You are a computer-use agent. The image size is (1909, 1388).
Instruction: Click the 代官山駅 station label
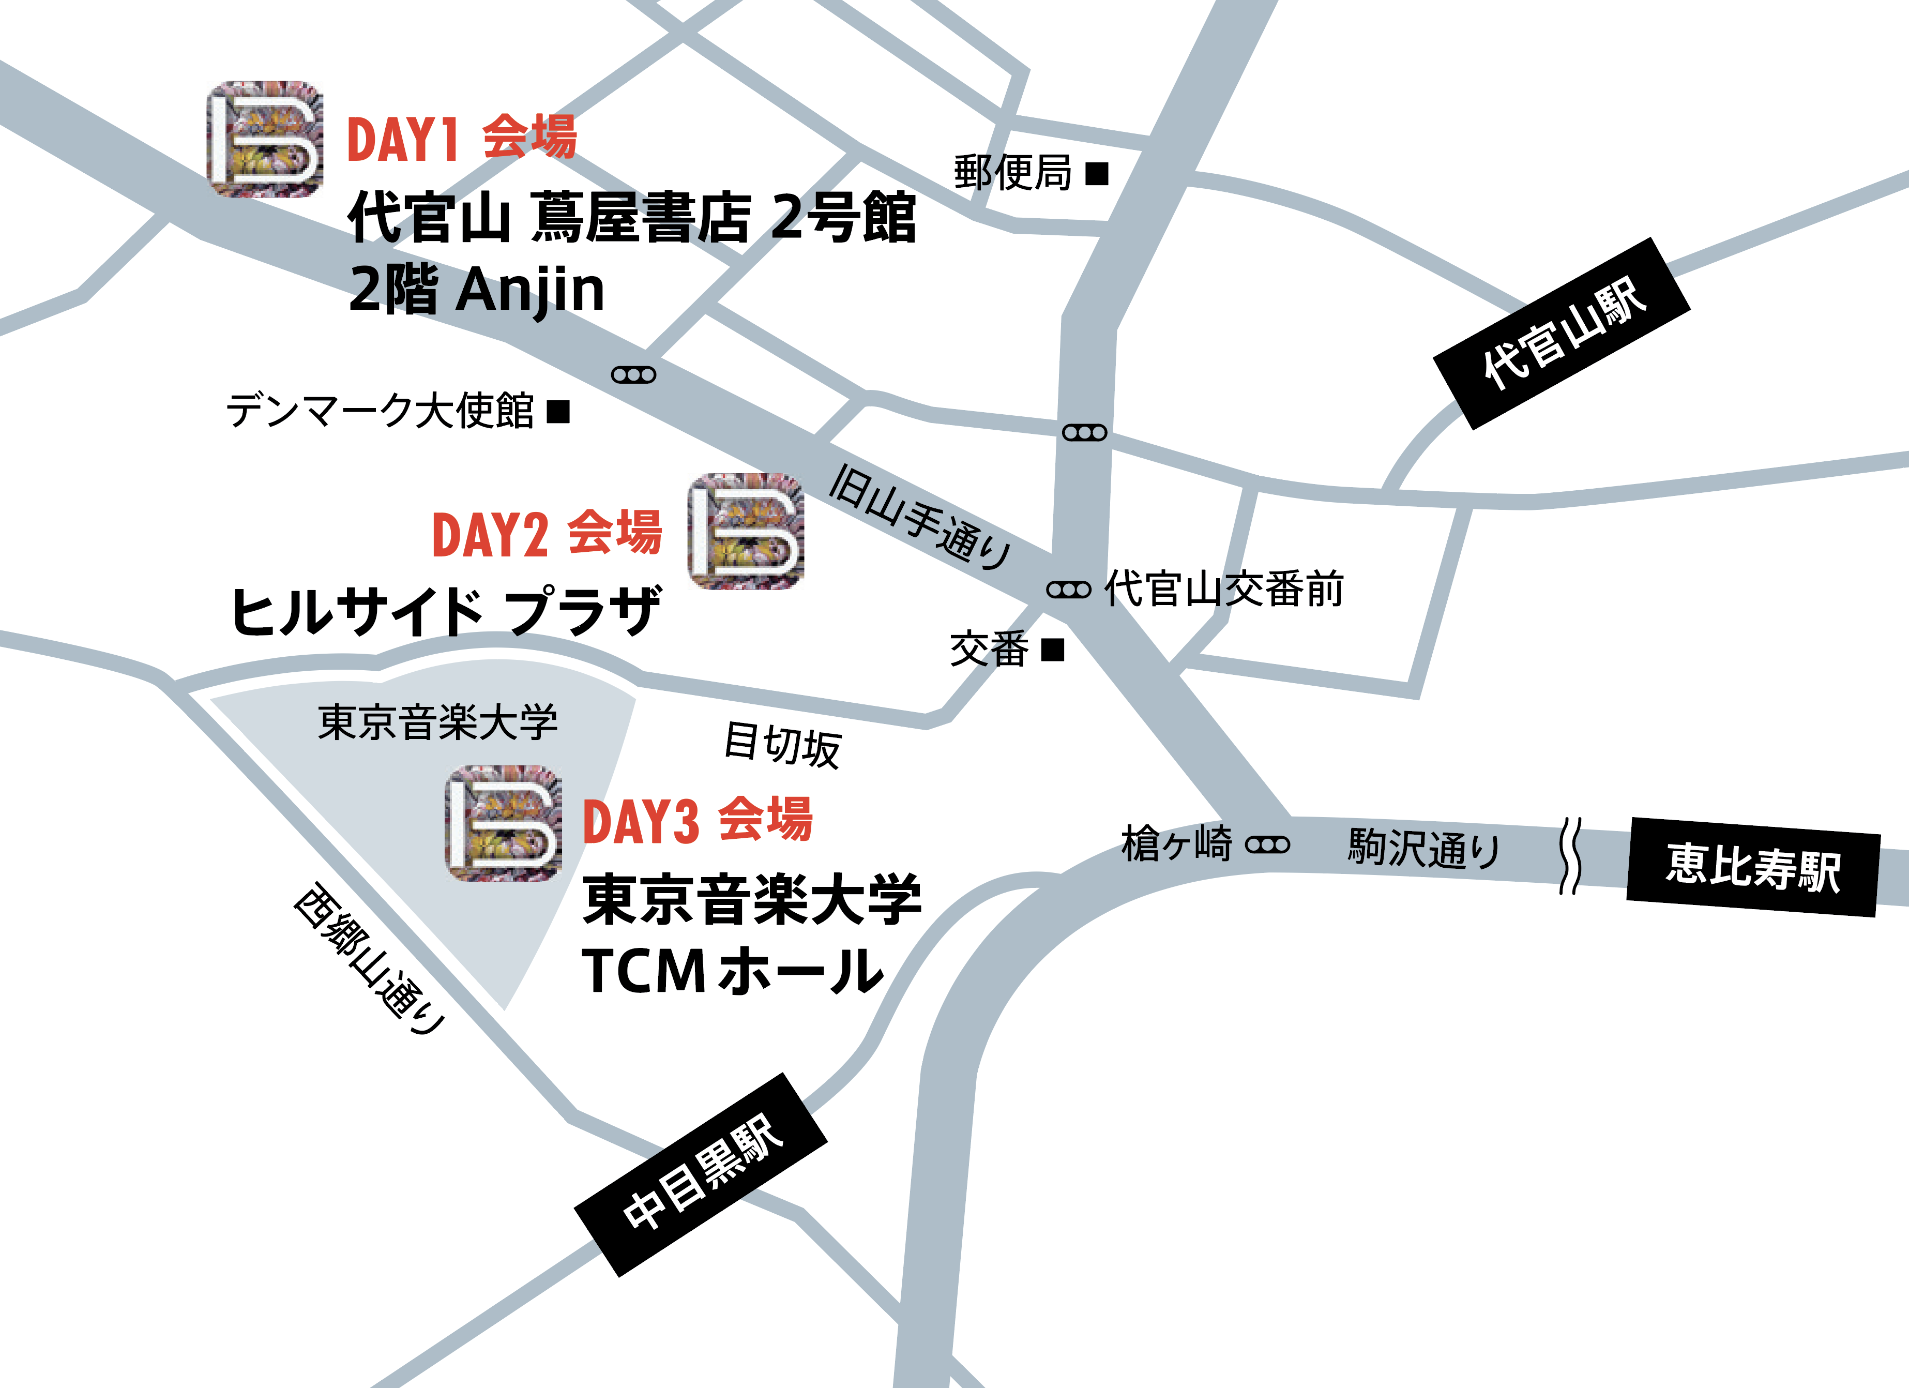coord(1562,334)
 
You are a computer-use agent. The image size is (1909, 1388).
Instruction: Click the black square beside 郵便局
coord(1097,174)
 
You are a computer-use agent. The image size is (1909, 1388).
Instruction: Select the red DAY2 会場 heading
coord(546,534)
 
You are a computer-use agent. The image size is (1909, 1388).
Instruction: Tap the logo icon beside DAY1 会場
coord(265,139)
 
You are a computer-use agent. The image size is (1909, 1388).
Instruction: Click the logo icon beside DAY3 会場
coord(503,823)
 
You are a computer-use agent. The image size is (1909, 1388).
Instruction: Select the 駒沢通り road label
coord(1423,848)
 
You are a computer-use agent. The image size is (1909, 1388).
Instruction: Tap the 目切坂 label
coord(782,745)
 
